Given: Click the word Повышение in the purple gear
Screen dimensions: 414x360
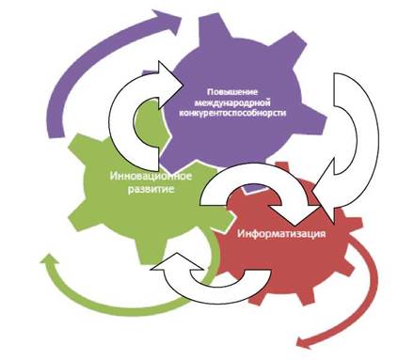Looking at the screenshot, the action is coord(232,92).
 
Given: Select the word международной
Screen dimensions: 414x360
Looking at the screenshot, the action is coord(232,102).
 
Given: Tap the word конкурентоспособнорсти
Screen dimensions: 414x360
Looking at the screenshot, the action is coord(232,113).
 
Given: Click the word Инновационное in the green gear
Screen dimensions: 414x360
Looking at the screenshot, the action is coord(151,176).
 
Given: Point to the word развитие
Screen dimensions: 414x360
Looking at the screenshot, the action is coord(151,189).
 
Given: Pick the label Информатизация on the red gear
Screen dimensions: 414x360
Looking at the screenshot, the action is coord(281,234).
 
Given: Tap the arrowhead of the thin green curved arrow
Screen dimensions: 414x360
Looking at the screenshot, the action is coord(49,261).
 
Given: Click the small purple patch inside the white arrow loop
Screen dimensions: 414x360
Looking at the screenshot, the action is coord(255,188).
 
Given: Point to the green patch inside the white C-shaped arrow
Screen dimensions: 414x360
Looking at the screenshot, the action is coord(150,124).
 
